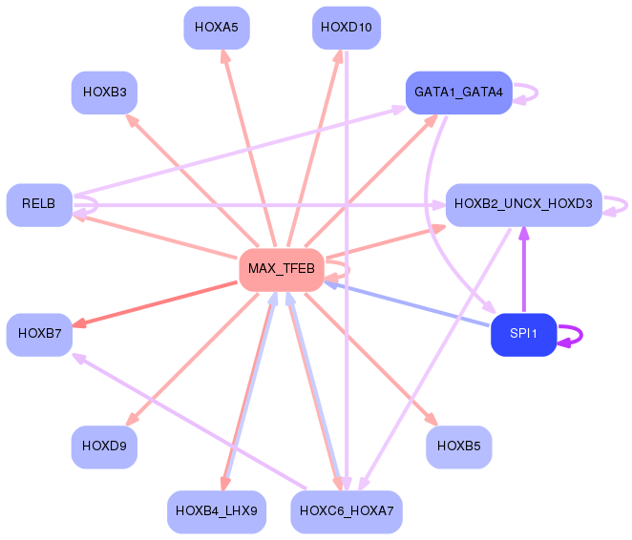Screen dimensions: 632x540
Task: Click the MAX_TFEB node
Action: point(282,269)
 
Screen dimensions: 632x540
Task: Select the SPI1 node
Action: point(523,334)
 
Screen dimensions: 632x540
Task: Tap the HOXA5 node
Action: point(217,28)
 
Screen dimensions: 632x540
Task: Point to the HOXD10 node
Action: point(347,28)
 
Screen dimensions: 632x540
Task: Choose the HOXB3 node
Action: point(104,93)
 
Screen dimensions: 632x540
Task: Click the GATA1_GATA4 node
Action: point(458,93)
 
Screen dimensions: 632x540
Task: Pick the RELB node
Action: point(39,205)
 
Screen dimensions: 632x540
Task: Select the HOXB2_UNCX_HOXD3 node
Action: point(523,205)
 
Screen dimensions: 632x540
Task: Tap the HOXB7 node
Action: point(39,334)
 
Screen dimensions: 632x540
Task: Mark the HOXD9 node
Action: point(104,447)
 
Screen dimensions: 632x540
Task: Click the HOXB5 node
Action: point(458,447)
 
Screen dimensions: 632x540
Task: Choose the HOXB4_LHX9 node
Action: point(217,511)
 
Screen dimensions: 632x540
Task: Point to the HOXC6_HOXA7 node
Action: point(347,511)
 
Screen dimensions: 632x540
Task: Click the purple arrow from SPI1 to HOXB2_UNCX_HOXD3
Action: point(523,270)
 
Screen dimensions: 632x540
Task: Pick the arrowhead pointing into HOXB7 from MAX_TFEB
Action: point(79,322)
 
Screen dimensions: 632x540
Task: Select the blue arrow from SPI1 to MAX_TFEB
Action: point(407,304)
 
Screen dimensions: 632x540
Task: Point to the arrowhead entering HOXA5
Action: point(225,56)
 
